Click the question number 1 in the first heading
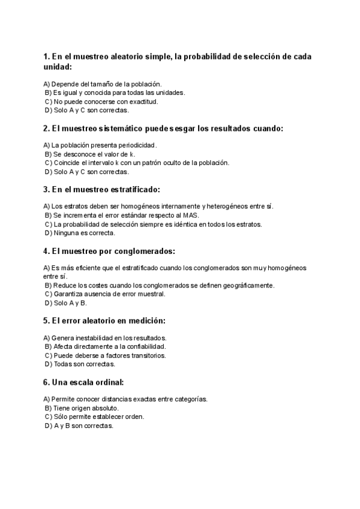46,56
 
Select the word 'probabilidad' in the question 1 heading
206,56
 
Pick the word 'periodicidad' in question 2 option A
137,145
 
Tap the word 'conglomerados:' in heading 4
145,250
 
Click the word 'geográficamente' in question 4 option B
247,285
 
